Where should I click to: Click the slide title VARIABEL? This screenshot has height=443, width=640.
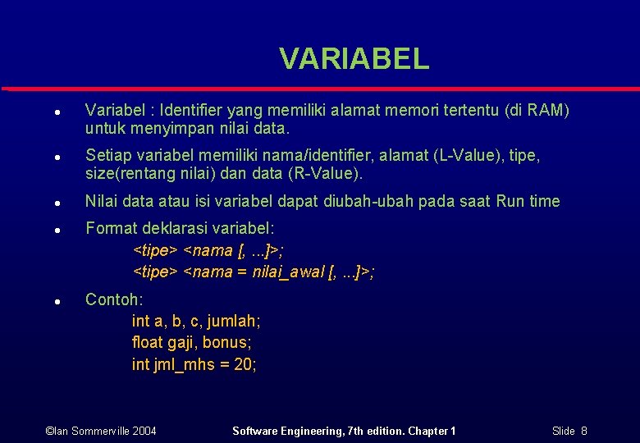click(354, 58)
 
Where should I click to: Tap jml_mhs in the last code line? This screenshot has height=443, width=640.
click(184, 365)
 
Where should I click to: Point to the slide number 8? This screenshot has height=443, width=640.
click(583, 431)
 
